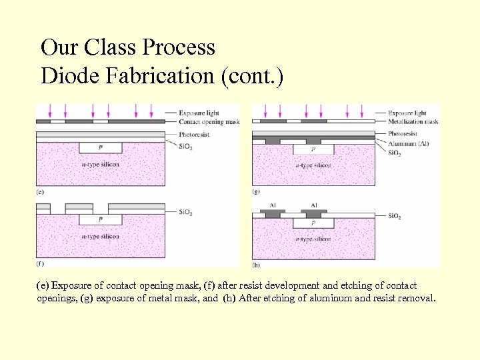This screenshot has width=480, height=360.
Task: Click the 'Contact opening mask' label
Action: tap(209, 122)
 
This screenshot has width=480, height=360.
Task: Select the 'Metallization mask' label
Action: tap(413, 122)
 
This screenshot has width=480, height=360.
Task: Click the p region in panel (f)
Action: tap(100, 218)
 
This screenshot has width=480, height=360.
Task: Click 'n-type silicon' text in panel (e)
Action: tap(100, 165)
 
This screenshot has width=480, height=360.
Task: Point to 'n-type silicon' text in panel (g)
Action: tap(313, 165)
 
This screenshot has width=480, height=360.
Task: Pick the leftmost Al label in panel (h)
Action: tap(273, 205)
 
